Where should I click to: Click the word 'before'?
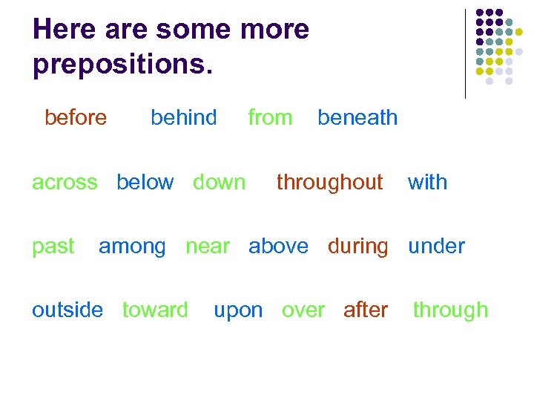76,117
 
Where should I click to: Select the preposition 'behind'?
183,117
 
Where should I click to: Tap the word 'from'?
270,117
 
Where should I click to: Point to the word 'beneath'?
357,117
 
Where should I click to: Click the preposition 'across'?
65,182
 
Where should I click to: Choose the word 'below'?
145,182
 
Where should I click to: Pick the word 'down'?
219,182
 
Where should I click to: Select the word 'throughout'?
329,182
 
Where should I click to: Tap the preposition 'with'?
427,182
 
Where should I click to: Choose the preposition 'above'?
278,246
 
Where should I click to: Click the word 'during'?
357,247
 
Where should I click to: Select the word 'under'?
436,246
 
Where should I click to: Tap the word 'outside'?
67,310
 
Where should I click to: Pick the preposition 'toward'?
155,310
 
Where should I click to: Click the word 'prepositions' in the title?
119,65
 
